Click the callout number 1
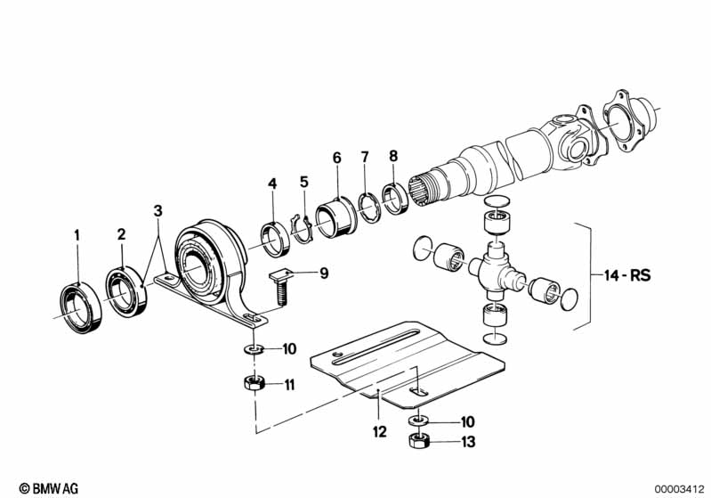[x=77, y=235]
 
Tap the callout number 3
[x=158, y=211]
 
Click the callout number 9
[x=324, y=273]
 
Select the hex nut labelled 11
[x=251, y=384]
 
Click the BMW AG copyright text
[x=33, y=487]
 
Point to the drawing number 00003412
[x=680, y=487]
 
